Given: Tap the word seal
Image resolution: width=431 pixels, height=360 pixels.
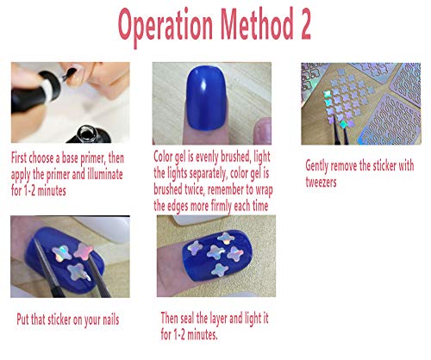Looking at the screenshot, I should (x=194, y=317).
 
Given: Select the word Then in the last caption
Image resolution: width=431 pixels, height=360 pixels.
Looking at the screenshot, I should (x=172, y=317).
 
